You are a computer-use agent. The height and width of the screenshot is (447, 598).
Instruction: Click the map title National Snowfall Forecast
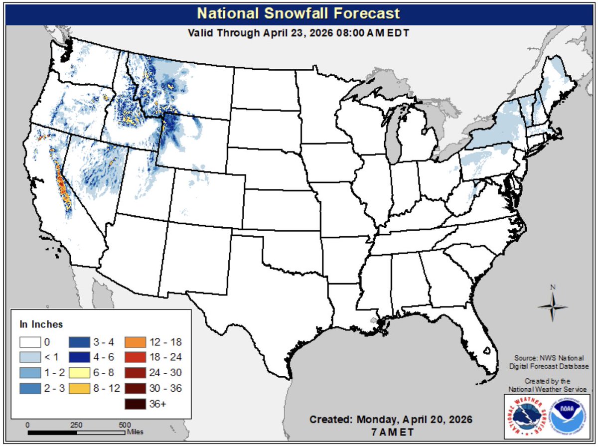click(299, 12)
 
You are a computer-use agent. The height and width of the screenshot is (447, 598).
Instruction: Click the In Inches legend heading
click(41, 324)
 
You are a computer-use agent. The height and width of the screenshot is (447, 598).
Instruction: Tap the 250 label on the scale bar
click(76, 425)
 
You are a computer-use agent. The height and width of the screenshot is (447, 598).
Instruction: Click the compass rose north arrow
click(552, 304)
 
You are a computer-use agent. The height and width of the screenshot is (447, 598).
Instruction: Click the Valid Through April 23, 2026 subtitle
click(299, 33)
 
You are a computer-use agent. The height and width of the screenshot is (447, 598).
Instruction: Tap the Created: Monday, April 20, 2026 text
click(391, 419)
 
